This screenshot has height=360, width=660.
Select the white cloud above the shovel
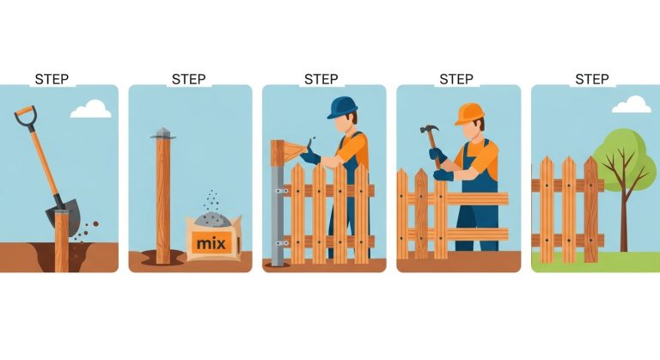point(91,109)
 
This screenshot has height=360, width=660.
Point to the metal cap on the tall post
point(162,133)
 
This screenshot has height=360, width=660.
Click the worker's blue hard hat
point(341,107)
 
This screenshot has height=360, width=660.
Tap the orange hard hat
point(469,113)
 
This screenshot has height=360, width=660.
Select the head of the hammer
point(430,131)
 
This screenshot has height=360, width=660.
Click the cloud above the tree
point(632,105)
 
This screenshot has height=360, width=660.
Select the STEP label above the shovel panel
point(52,79)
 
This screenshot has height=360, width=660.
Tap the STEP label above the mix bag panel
point(188,79)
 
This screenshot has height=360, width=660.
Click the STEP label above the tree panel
point(591,79)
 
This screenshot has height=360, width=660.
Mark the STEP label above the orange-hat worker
point(456,79)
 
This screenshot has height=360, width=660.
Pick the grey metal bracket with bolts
point(278,206)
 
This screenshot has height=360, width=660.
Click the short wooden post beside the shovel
point(62,241)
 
